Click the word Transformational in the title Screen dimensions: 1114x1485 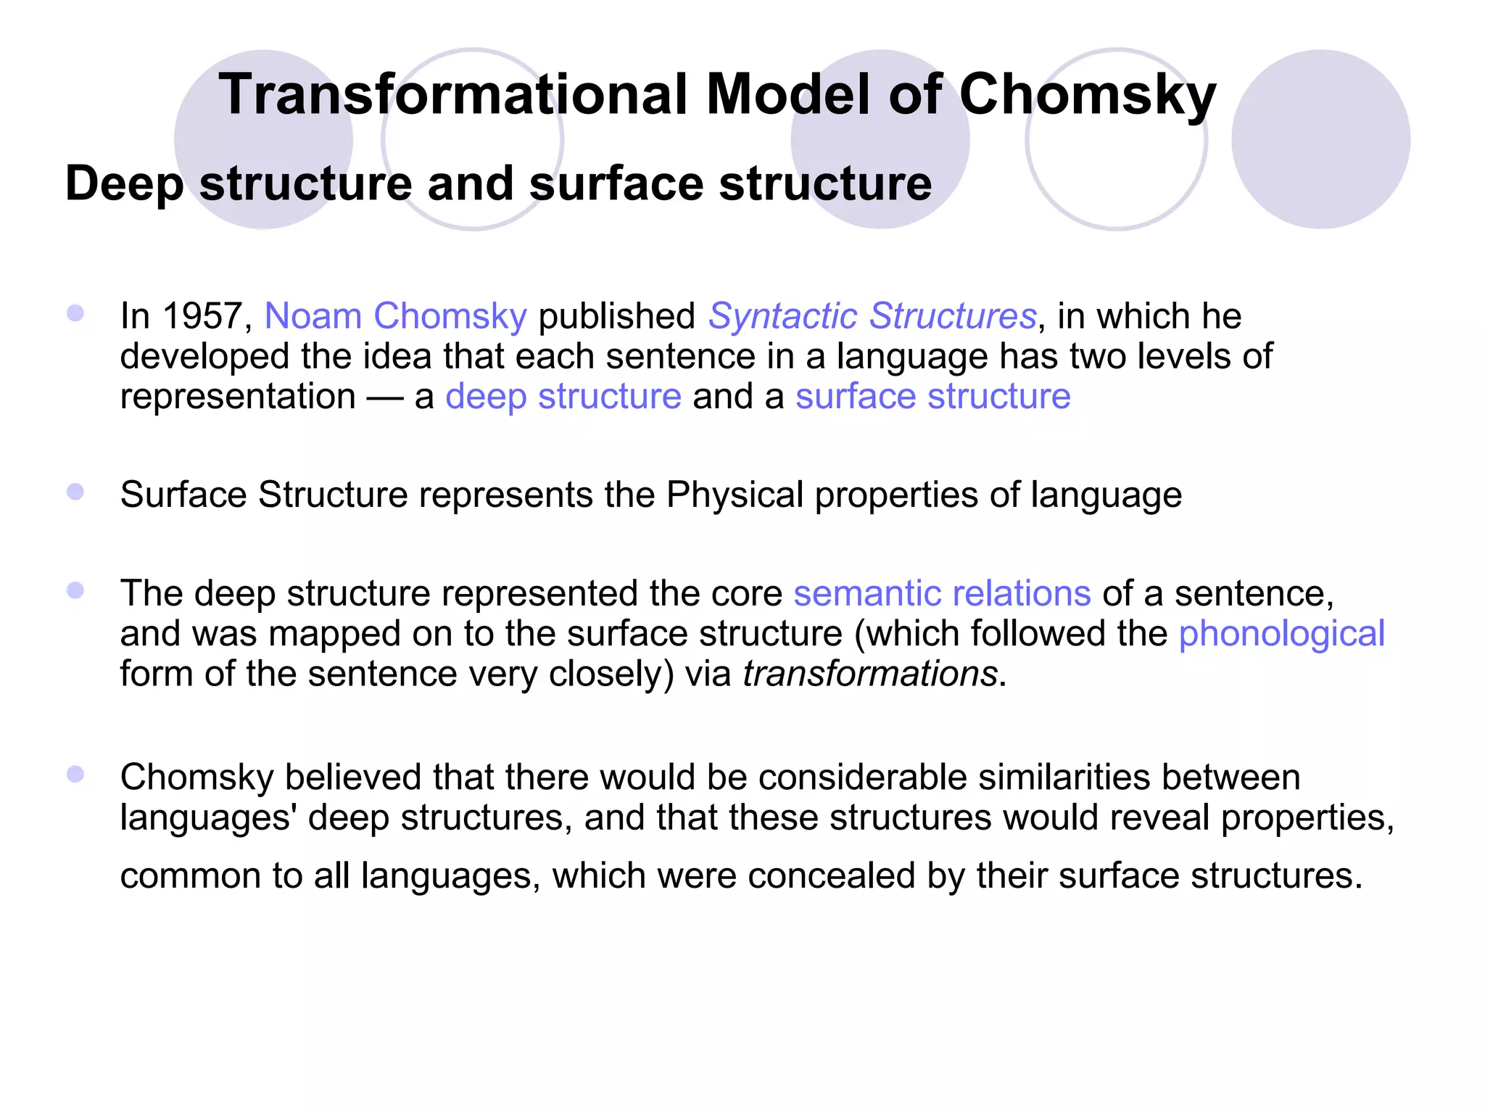point(453,94)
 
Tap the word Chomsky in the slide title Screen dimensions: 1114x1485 point(1087,94)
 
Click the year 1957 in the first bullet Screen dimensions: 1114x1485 point(202,316)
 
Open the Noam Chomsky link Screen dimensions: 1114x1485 point(395,316)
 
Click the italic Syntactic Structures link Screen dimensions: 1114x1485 point(872,316)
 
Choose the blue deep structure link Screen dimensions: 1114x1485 point(563,397)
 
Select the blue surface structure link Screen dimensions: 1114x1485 point(932,397)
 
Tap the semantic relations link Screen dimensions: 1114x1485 point(942,593)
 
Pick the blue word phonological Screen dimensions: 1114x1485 point(1281,633)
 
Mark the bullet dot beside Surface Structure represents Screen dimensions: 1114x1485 point(75,492)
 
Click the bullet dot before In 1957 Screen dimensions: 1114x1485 point(75,313)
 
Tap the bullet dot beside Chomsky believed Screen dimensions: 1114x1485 point(75,774)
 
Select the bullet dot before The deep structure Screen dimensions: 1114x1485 point(75,590)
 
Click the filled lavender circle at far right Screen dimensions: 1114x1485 point(1320,139)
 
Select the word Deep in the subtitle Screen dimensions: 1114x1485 point(124,183)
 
